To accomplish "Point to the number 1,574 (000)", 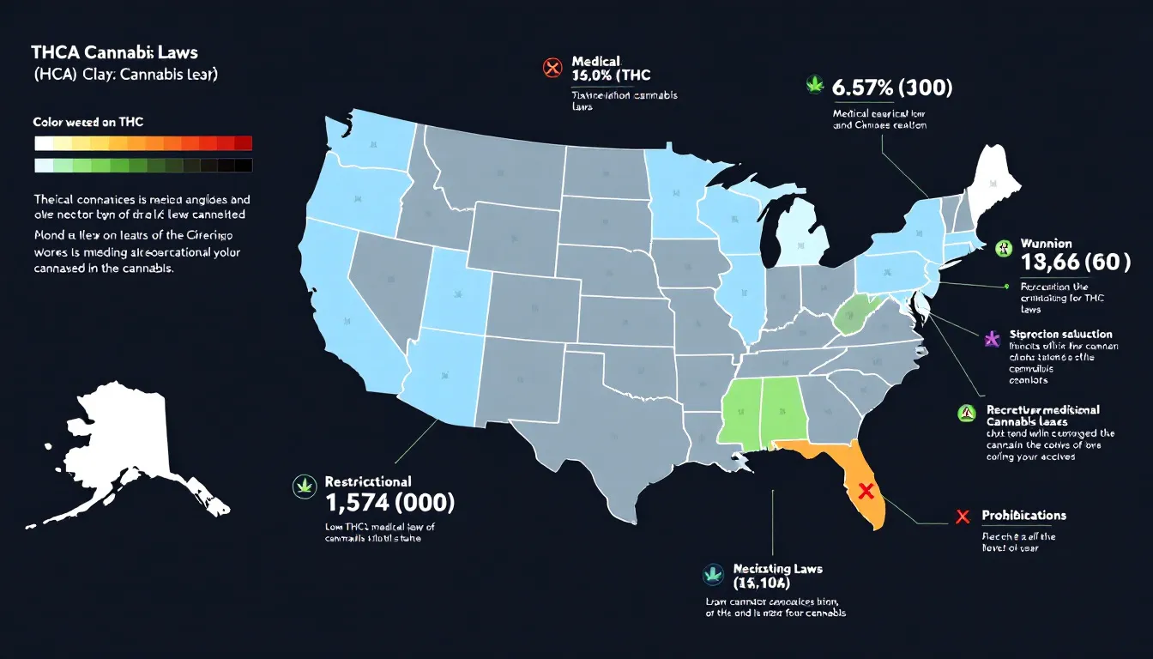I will point(390,503).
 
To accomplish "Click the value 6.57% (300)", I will point(892,88).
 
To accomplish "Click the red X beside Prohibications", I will point(963,517).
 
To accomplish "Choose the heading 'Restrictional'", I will point(368,481).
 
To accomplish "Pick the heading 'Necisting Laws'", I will point(778,569).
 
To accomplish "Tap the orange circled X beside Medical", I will point(552,67).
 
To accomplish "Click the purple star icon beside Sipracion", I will point(992,338).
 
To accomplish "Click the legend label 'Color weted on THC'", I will point(88,123).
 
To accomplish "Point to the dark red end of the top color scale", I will point(243,143).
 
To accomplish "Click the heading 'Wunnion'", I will point(1047,244).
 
